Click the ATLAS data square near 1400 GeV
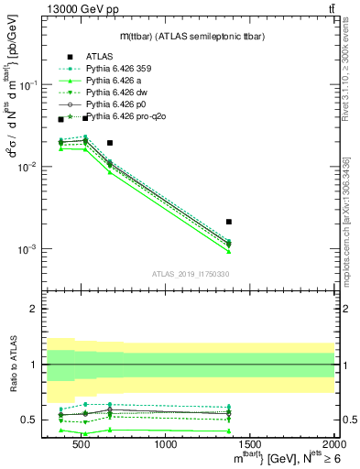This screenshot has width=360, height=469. [229, 222]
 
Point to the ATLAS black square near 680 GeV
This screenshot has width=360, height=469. [110, 143]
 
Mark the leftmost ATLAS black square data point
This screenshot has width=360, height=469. [61, 119]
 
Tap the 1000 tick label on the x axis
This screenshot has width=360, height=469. [167, 444]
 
